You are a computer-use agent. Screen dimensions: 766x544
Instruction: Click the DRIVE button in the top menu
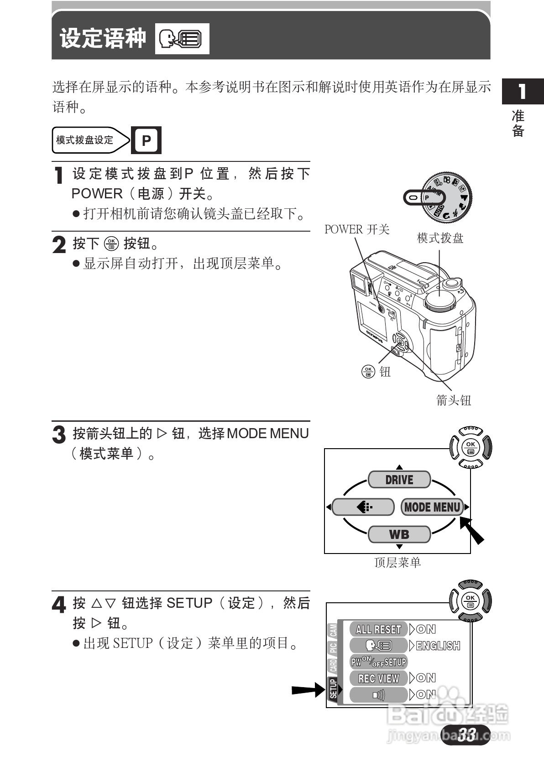(399, 480)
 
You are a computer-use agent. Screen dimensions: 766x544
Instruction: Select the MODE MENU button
(432, 507)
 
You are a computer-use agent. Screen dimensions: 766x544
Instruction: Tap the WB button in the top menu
(399, 534)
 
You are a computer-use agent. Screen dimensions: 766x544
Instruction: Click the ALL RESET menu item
(378, 629)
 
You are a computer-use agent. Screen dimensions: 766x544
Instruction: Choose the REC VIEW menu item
(378, 678)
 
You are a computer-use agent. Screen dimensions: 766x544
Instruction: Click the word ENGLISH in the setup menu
(438, 646)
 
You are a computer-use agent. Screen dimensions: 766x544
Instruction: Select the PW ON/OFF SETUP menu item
(378, 662)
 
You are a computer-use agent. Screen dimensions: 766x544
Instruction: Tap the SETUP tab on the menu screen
(333, 688)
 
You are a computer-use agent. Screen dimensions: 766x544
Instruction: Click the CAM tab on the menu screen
(334, 631)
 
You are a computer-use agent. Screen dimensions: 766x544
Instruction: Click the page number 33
(466, 735)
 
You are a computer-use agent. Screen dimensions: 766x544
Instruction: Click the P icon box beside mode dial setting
(146, 140)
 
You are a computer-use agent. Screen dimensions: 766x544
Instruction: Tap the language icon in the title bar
(182, 39)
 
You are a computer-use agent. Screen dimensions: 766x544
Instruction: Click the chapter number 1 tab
(523, 92)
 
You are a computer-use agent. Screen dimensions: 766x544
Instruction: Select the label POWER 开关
(356, 229)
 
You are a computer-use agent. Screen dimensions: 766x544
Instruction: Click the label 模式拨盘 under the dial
(440, 238)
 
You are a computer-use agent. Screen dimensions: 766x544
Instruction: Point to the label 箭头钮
(453, 400)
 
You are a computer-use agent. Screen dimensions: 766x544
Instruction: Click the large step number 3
(59, 435)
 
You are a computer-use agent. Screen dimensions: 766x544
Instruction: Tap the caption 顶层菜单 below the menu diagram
(397, 563)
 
